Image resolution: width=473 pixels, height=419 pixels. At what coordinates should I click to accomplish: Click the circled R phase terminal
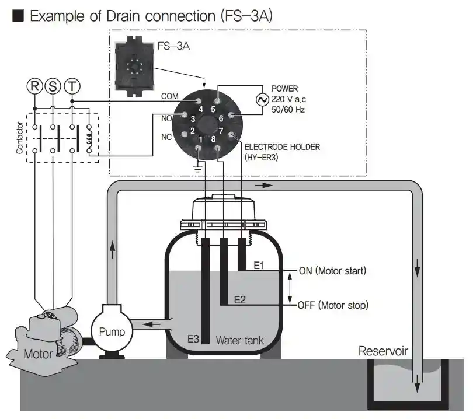pyautogui.click(x=34, y=86)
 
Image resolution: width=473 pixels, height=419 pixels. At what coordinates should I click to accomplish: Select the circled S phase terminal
pyautogui.click(x=53, y=86)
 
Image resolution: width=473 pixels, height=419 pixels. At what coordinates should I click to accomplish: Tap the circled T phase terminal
pyautogui.click(x=72, y=86)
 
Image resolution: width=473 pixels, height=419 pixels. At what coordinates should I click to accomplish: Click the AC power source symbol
pyautogui.click(x=262, y=100)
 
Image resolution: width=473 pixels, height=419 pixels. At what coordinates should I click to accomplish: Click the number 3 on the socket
pyautogui.click(x=193, y=119)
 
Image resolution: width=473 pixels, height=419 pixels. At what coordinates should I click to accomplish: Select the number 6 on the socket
pyautogui.click(x=221, y=118)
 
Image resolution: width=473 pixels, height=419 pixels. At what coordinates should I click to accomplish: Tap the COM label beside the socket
pyautogui.click(x=169, y=96)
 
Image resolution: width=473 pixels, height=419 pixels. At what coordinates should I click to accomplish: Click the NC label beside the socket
pyautogui.click(x=166, y=137)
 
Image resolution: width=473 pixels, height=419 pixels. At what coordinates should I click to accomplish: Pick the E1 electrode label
pyautogui.click(x=259, y=266)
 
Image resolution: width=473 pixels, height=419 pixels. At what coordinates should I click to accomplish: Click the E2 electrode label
pyautogui.click(x=240, y=299)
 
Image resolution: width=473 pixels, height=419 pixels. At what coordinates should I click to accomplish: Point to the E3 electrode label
pyautogui.click(x=193, y=339)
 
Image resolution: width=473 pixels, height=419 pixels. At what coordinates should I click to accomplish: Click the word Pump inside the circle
pyautogui.click(x=112, y=332)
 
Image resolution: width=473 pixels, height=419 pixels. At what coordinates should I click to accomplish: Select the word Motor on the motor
pyautogui.click(x=38, y=354)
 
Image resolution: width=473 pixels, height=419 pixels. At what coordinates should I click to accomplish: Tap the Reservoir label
pyautogui.click(x=383, y=351)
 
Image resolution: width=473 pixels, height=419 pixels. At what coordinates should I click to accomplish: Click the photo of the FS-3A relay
pyautogui.click(x=134, y=66)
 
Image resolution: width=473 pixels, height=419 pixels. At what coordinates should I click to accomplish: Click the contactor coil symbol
pyautogui.click(x=89, y=138)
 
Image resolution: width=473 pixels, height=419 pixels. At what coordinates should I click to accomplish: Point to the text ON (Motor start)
pyautogui.click(x=332, y=271)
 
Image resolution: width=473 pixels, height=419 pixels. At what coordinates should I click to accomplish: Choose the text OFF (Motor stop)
pyautogui.click(x=333, y=305)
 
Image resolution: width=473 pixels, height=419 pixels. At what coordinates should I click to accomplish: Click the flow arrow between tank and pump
pyautogui.click(x=151, y=324)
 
